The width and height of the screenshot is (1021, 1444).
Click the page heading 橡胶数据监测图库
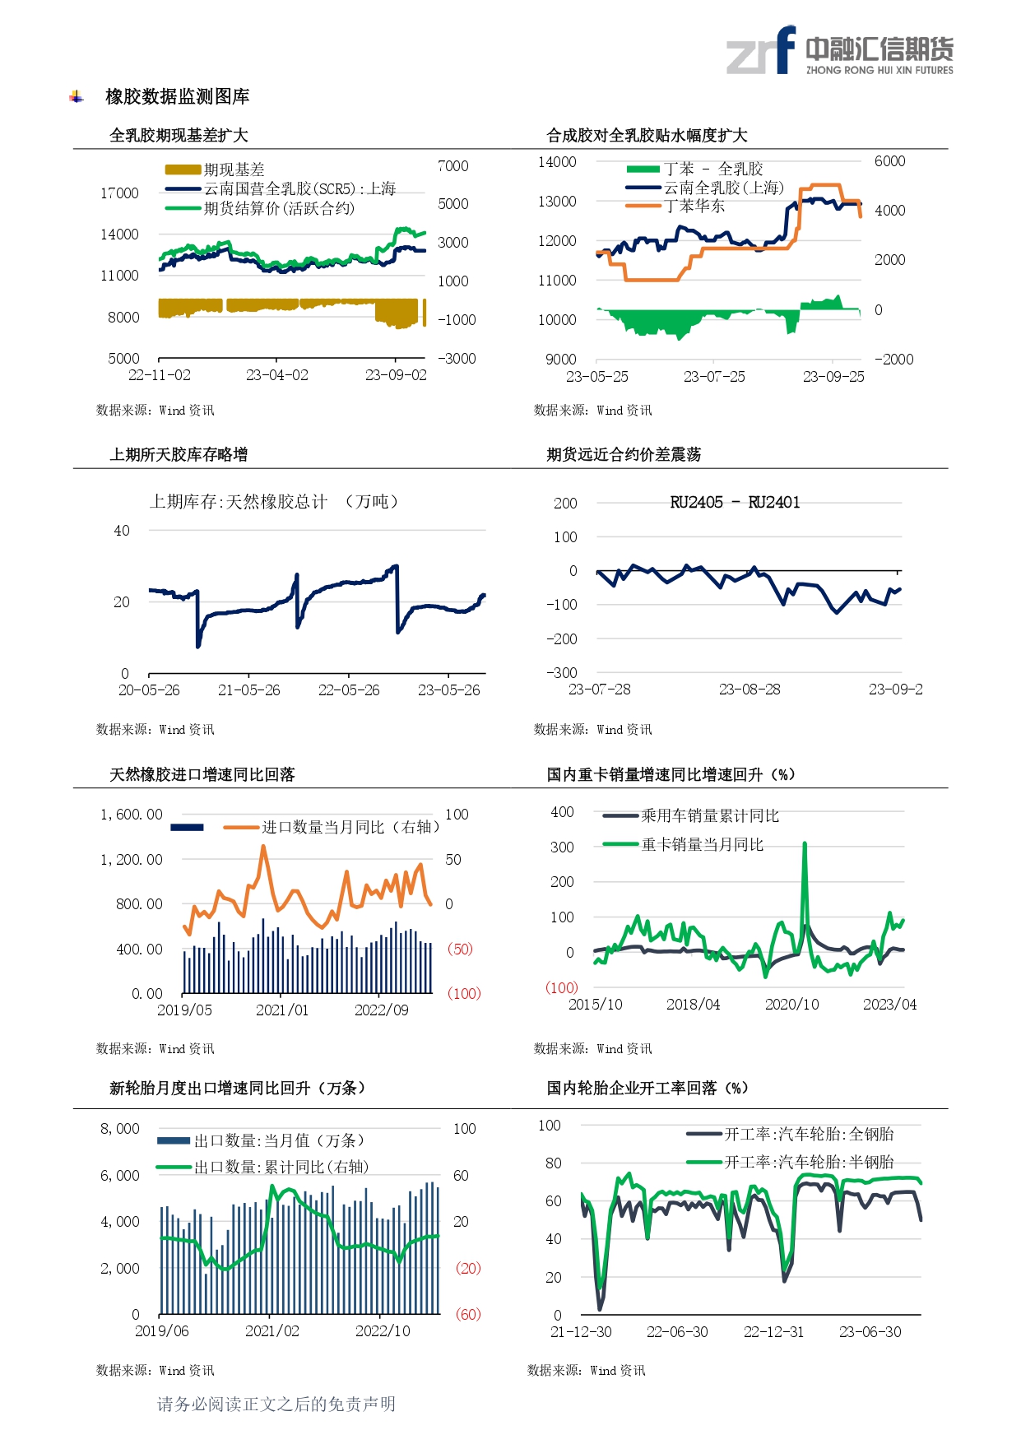click(x=177, y=97)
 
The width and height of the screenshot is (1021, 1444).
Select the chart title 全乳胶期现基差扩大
click(x=179, y=136)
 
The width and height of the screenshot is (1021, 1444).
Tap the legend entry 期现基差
click(x=234, y=169)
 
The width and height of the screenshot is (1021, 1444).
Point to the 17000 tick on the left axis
click(x=119, y=193)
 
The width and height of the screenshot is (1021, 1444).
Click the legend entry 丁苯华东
click(x=694, y=207)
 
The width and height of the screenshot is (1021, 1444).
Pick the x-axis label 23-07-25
click(x=714, y=377)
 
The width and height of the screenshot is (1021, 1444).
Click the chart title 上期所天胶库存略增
click(x=179, y=455)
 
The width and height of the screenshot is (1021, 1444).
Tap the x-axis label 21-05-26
click(x=248, y=690)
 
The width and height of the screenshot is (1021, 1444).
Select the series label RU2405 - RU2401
click(x=735, y=503)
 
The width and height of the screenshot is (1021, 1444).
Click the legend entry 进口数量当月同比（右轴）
click(x=350, y=827)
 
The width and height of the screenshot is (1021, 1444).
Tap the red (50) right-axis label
click(x=460, y=950)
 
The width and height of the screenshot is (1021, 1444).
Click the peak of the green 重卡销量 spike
click(x=805, y=844)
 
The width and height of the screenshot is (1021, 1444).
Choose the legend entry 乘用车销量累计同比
click(x=709, y=816)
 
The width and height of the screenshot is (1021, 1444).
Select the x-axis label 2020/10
click(x=791, y=1005)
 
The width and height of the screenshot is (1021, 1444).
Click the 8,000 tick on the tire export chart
click(x=120, y=1129)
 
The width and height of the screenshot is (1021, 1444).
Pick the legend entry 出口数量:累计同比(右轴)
click(x=281, y=1167)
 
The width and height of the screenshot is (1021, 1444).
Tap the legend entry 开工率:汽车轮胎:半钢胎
click(x=808, y=1162)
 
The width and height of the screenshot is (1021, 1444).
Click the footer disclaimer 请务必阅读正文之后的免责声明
click(x=276, y=1404)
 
